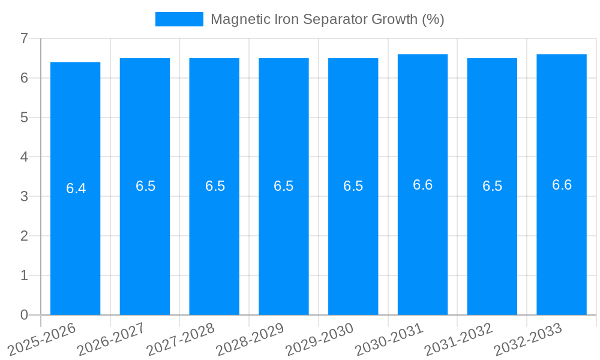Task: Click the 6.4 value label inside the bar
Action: [x=76, y=188]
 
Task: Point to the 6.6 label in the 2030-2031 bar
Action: [x=422, y=185]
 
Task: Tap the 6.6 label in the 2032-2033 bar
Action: [x=562, y=185]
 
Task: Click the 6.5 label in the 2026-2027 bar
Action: [x=145, y=186]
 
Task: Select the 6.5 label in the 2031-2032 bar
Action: [x=492, y=186]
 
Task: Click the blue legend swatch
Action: [x=179, y=19]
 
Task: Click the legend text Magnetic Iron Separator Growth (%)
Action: [x=327, y=19]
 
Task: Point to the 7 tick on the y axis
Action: [x=24, y=38]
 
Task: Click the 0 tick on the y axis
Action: [x=24, y=315]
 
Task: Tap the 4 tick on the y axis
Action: [x=24, y=157]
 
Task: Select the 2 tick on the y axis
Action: [x=24, y=236]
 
